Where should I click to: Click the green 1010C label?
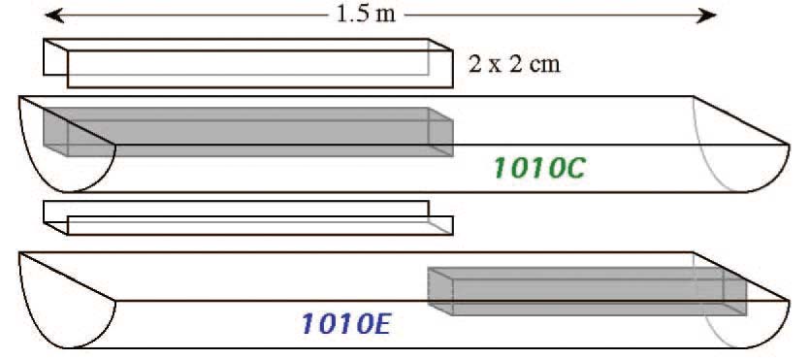point(537,168)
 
